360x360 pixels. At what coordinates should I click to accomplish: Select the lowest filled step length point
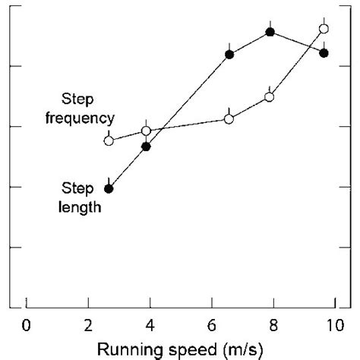pos(109,188)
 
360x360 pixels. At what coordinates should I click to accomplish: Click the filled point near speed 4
pos(146,146)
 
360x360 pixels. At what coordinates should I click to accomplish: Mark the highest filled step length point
pos(270,32)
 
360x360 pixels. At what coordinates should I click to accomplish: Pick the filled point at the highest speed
pos(324,52)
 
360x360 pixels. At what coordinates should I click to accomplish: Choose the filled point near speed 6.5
pos(229,54)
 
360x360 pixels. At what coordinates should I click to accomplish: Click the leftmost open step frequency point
pos(109,141)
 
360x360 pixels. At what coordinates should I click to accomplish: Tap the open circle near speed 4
pos(146,131)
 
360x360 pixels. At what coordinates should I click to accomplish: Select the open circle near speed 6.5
pos(229,118)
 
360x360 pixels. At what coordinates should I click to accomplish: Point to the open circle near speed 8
pos(270,96)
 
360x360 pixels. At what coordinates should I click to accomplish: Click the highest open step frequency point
pos(324,29)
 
